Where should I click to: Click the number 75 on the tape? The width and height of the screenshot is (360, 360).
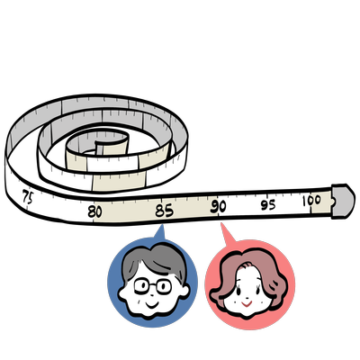click(x=28, y=196)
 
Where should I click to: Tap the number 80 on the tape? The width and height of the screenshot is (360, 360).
click(x=94, y=211)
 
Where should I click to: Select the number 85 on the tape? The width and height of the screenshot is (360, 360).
click(x=164, y=211)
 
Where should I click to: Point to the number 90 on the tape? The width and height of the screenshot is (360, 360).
click(x=218, y=206)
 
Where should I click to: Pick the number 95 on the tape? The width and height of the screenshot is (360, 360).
click(x=268, y=204)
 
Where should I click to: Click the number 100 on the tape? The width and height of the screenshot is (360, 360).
click(x=311, y=200)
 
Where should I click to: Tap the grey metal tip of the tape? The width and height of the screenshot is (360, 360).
click(x=343, y=200)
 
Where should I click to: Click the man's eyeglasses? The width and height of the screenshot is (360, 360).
click(x=153, y=286)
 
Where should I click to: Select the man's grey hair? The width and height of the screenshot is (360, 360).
click(x=155, y=260)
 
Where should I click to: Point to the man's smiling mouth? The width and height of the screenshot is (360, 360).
click(x=152, y=305)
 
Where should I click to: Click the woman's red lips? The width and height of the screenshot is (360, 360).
click(x=247, y=304)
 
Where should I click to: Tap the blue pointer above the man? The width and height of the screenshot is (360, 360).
click(x=160, y=232)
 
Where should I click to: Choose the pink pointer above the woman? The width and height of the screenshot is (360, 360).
click(x=227, y=234)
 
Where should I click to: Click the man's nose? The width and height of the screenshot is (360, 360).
click(x=152, y=295)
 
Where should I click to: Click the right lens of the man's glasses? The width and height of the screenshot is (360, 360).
click(x=164, y=286)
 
